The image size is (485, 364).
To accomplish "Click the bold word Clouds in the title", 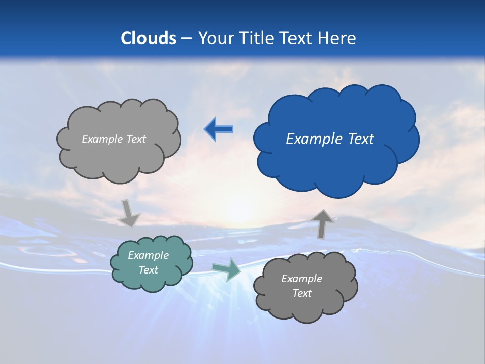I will [x=149, y=38].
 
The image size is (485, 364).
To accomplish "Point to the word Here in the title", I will [x=337, y=38].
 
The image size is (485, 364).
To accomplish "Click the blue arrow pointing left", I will [x=218, y=129].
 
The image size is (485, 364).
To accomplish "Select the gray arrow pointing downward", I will [x=129, y=213].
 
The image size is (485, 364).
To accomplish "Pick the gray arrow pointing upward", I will [x=323, y=224].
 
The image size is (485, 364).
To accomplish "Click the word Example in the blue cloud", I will [x=315, y=139].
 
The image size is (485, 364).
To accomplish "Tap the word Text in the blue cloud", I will [x=360, y=139].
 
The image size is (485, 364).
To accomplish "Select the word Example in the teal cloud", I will [x=148, y=255].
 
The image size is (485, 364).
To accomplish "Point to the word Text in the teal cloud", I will [x=148, y=270].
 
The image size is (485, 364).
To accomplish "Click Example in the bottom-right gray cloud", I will [x=302, y=279].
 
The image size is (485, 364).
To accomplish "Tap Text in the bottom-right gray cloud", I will [x=302, y=293].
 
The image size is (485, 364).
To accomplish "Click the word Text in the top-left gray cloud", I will [x=136, y=139].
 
